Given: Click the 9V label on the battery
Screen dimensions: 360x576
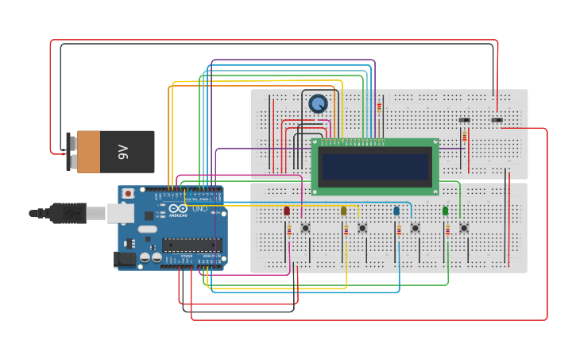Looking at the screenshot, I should coord(123,152).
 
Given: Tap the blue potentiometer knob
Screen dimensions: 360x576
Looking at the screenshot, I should coord(318,103).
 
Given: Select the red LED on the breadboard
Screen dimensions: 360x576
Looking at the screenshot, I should coord(287,211).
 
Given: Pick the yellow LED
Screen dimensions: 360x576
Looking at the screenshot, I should coord(343,211).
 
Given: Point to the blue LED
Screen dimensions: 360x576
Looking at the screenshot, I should coord(396,211).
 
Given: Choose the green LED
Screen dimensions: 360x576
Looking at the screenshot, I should coord(445,211).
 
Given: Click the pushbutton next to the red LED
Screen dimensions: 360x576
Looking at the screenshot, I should coord(305,228).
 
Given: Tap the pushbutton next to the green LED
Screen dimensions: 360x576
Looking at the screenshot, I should coord(464,228).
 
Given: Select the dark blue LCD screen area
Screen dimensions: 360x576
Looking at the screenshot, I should coord(374,167).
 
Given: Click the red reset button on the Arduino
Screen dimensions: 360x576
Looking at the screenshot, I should coord(128,193).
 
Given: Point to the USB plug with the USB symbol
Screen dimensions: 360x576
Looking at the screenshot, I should coord(67,213).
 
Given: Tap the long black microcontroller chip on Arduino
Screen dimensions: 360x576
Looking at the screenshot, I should coord(191,245).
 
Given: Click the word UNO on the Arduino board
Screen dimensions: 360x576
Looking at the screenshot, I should coord(199,209).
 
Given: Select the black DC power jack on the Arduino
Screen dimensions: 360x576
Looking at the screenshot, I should coord(125,258).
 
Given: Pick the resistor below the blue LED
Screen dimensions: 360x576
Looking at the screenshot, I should coord(399,230).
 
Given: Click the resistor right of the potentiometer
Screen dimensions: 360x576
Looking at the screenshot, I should coord(379,106).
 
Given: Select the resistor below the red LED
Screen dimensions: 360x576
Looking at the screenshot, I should coord(289,230).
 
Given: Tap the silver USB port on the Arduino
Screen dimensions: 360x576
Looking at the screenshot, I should coord(120,213).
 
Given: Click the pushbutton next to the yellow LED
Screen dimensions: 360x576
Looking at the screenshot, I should coord(362,228).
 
